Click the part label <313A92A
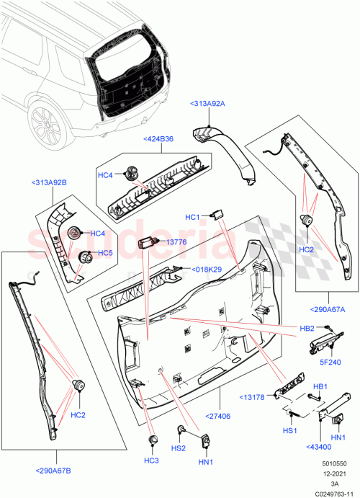pyautogui.click(x=208, y=104)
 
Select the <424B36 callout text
pyautogui.click(x=158, y=138)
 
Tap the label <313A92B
pyautogui.click(x=50, y=183)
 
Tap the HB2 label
pyautogui.click(x=307, y=329)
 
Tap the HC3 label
pyautogui.click(x=151, y=461)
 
